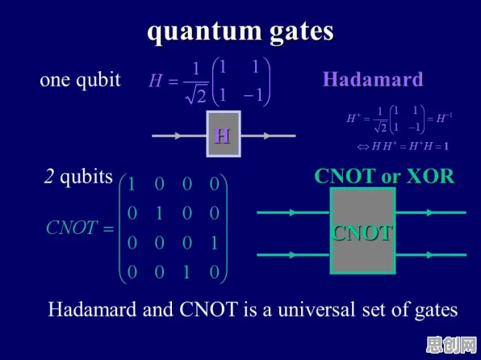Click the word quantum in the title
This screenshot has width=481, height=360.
[x=204, y=31]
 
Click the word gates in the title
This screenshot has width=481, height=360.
[x=302, y=32]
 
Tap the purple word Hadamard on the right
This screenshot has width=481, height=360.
[x=373, y=79]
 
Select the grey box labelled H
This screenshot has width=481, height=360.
[x=224, y=134]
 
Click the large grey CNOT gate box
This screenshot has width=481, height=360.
[x=362, y=231]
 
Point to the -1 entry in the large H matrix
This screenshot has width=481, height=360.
[x=253, y=95]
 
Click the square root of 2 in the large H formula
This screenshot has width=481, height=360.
[x=196, y=95]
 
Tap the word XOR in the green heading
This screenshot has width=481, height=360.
[x=430, y=176]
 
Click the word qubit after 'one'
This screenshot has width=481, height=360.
[x=98, y=81]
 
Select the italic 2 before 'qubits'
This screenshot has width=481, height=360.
[x=48, y=177]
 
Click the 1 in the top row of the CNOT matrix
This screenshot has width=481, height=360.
[x=132, y=184]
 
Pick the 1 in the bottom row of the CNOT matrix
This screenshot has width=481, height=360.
[x=186, y=272]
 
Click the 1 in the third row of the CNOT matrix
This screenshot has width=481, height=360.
[x=214, y=243]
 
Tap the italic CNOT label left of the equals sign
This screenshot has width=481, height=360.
[x=72, y=228]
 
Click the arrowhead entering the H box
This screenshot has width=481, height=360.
[x=178, y=136]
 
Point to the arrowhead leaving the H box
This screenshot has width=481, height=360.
[x=267, y=136]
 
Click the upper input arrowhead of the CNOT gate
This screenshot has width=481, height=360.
[x=293, y=212]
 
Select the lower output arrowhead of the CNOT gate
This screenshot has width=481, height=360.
[x=430, y=255]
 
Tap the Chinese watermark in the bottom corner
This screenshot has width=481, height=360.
[x=452, y=345]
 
